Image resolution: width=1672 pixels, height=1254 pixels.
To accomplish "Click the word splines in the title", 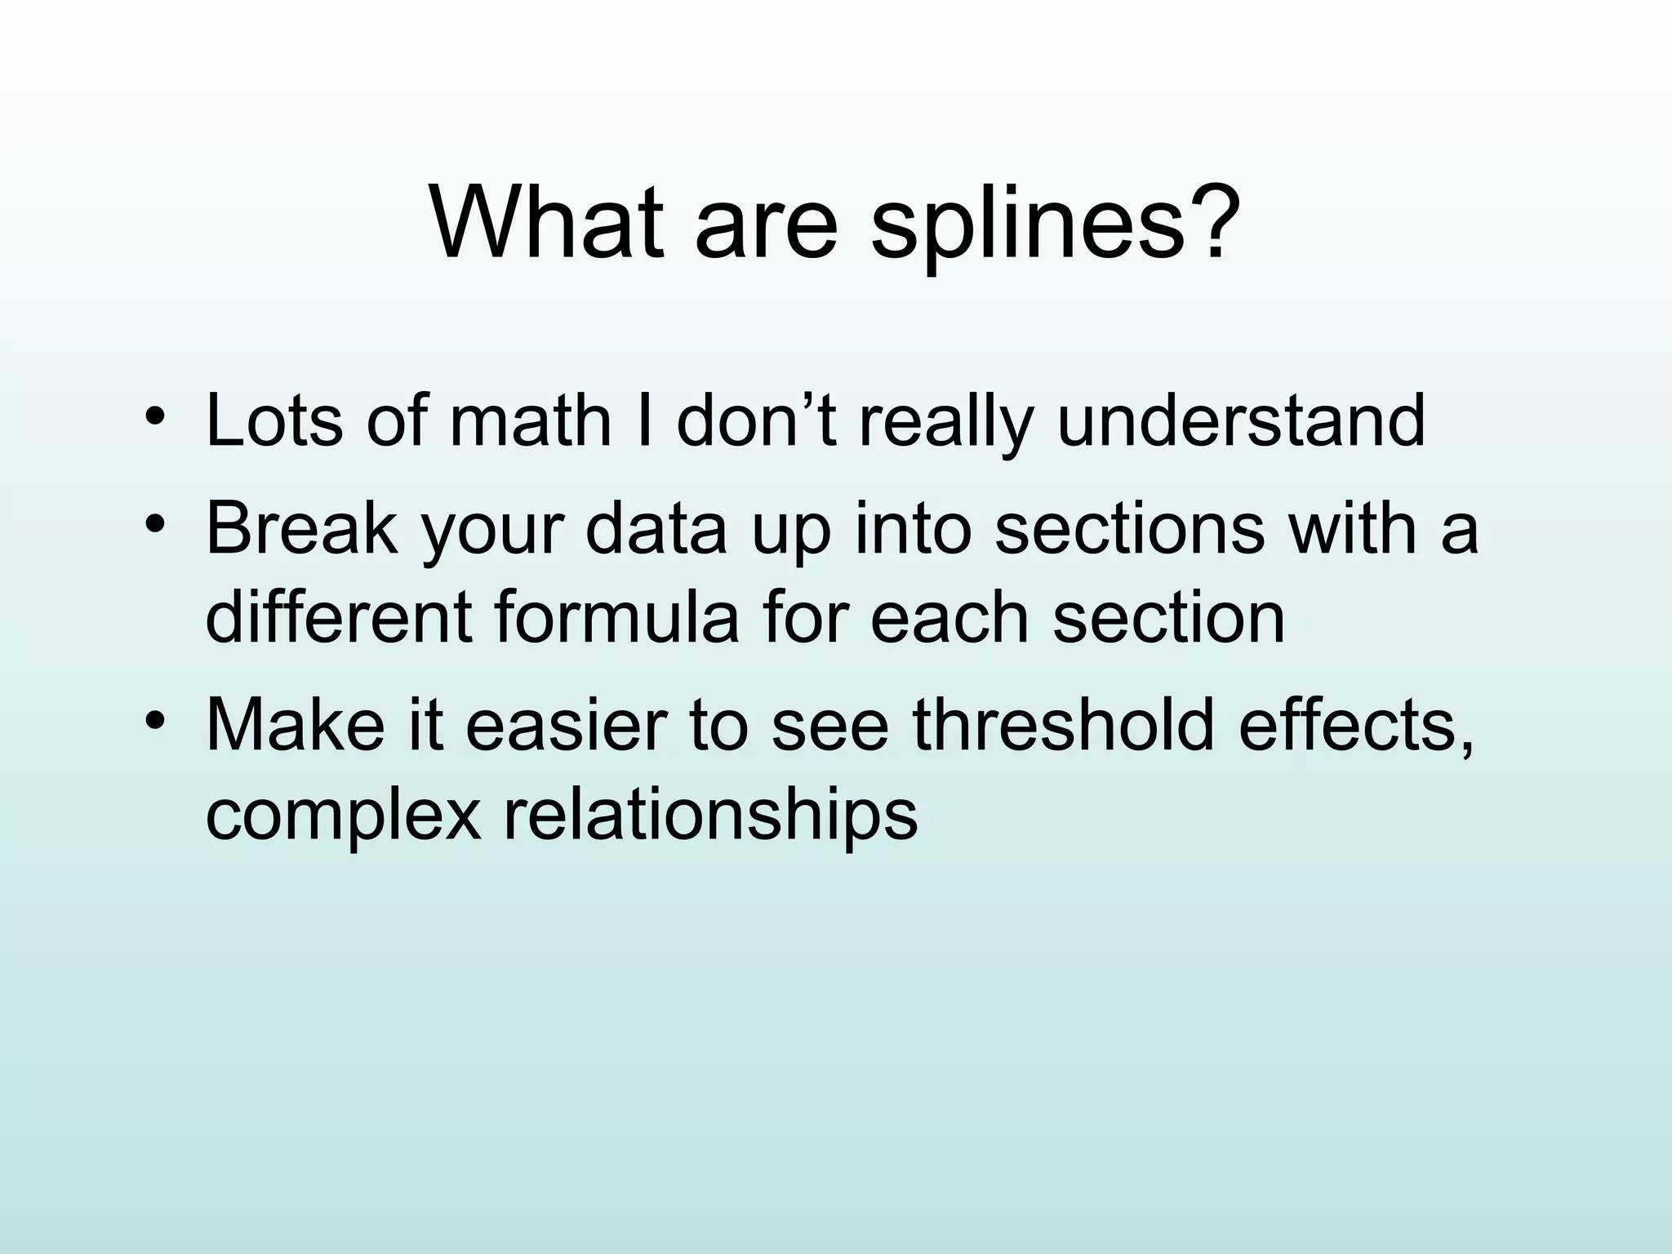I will (1025, 224).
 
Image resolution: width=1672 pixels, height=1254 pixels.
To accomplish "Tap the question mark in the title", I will (1208, 220).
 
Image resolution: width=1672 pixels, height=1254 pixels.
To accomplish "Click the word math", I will (530, 420).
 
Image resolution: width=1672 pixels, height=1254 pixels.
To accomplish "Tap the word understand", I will (1241, 420).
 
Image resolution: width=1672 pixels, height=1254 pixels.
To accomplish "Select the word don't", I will (756, 420).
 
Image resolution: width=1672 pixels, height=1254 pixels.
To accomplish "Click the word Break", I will (302, 528).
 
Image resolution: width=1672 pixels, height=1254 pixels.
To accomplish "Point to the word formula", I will (616, 616).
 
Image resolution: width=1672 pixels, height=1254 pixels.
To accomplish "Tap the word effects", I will (1355, 724).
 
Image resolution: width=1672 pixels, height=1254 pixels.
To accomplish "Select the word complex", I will (343, 814).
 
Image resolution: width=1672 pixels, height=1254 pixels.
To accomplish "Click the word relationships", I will (710, 814).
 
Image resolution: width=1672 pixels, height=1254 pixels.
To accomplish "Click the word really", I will (946, 420).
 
